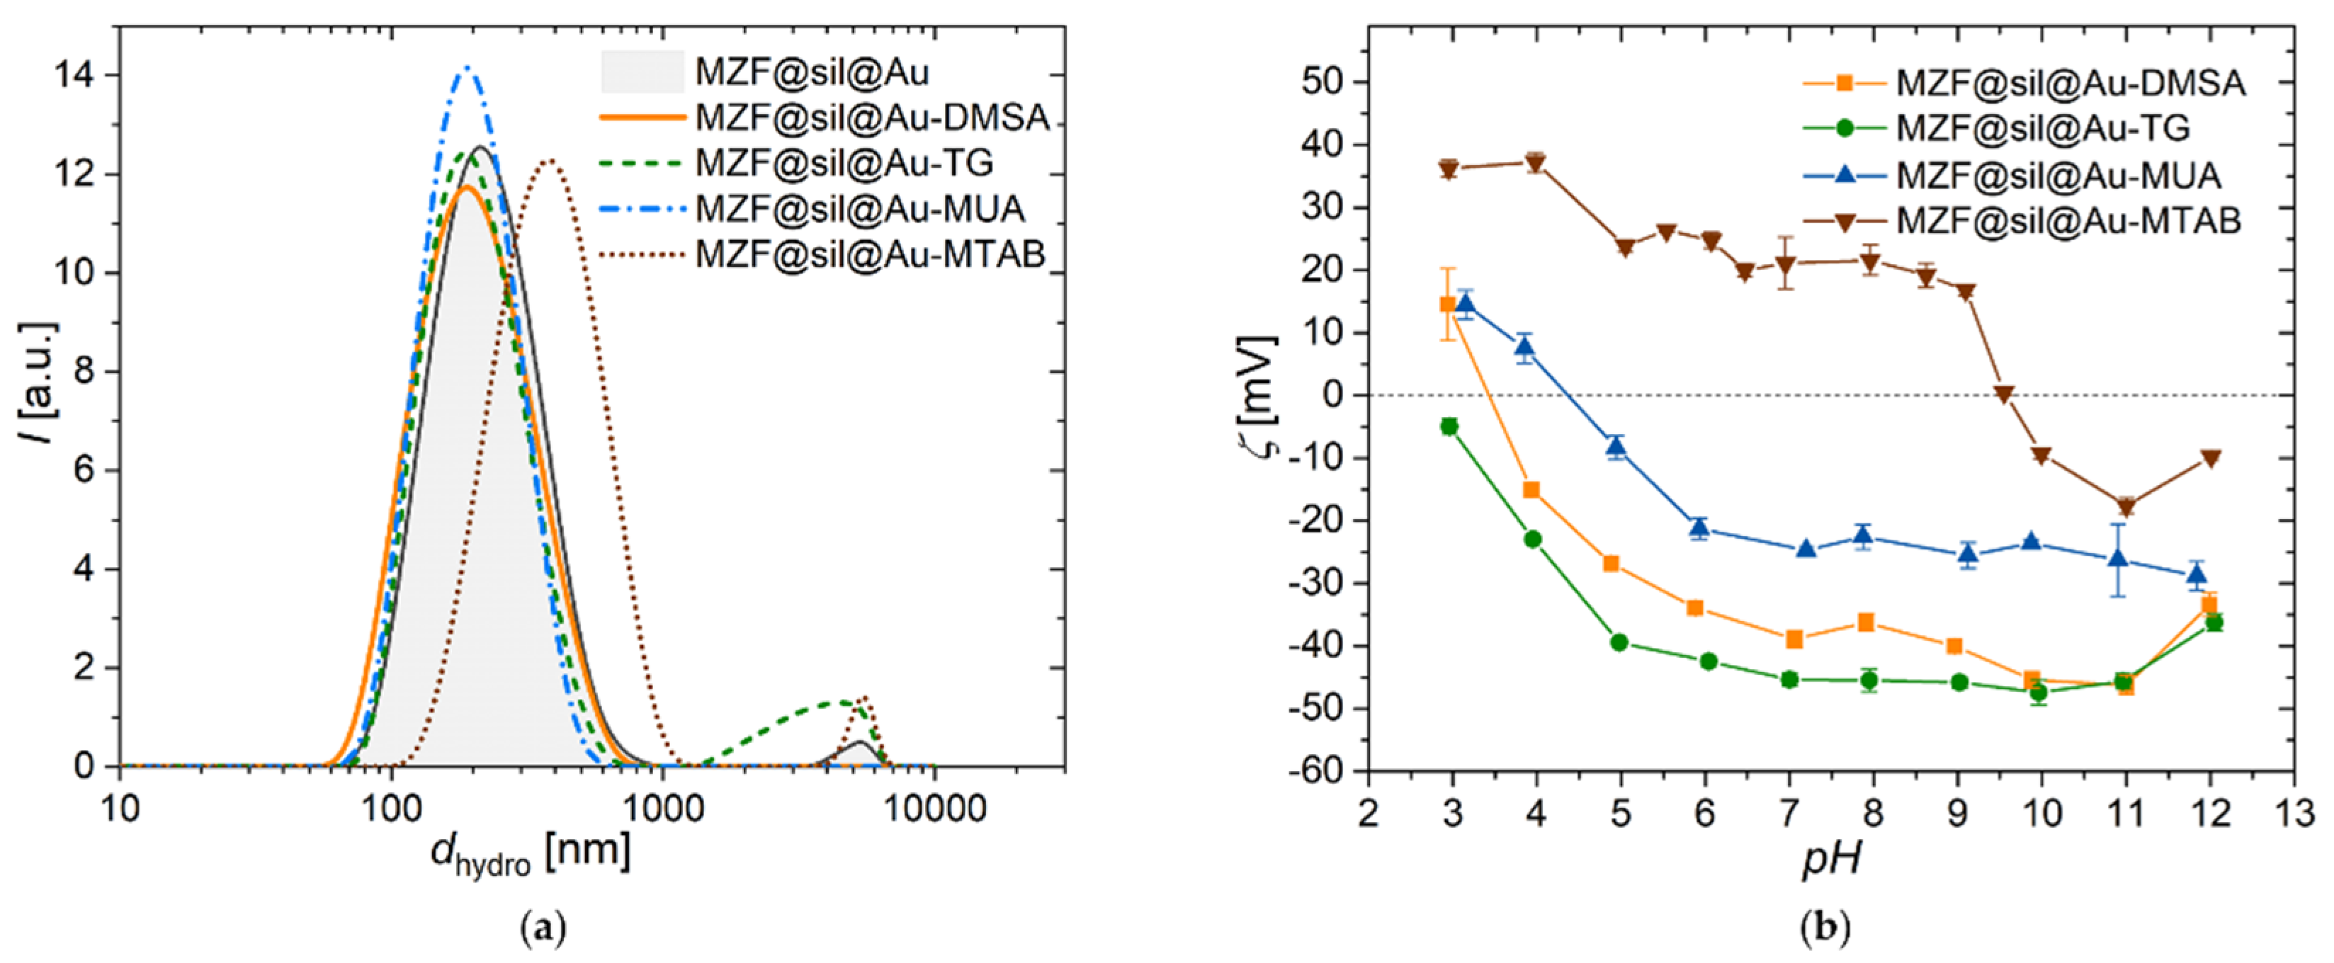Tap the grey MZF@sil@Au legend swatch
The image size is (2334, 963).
(x=642, y=72)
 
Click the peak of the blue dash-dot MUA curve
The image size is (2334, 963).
(x=468, y=67)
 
